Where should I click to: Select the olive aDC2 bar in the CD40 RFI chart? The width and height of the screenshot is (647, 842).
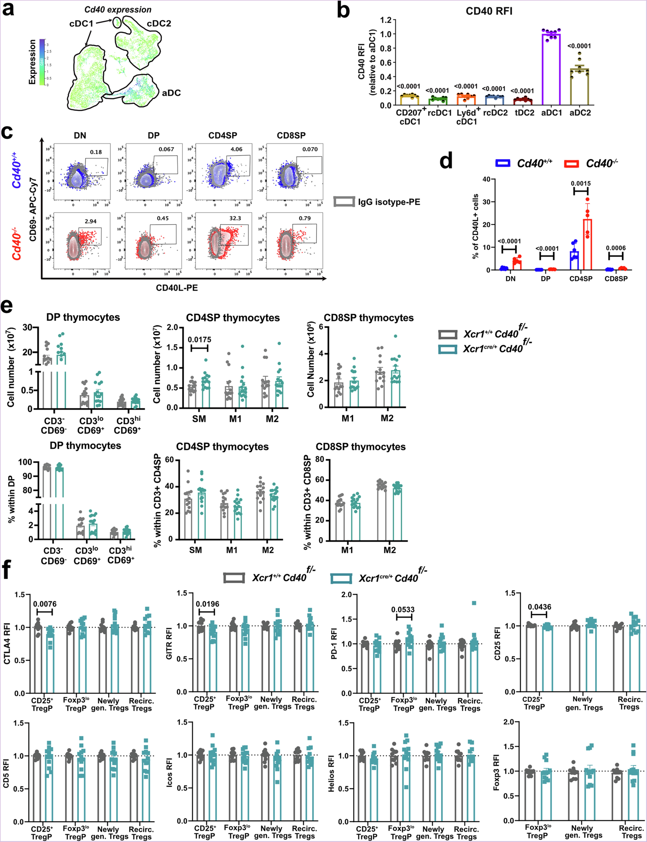579,87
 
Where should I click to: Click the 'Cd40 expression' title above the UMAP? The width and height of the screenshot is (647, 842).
118,10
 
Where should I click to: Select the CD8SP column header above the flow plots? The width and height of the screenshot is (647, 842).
291,136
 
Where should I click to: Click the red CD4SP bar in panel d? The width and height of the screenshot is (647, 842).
587,245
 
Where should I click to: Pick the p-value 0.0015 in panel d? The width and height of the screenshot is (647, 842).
581,184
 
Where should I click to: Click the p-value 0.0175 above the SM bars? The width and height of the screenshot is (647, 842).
199,340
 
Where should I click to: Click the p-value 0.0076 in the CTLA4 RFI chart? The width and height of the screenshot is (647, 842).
45,604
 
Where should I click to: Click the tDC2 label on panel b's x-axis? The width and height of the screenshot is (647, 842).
525,113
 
